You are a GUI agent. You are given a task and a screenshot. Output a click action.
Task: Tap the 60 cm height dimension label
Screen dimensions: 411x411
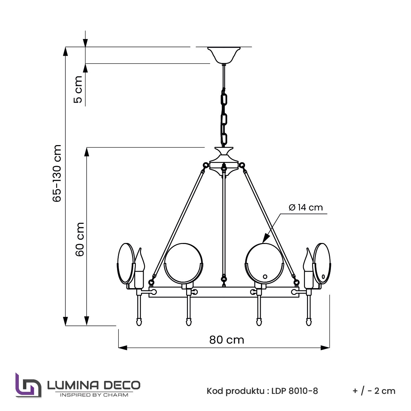[x=80, y=239]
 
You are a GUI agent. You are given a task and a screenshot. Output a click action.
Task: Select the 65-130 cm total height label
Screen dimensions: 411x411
[x=57, y=173]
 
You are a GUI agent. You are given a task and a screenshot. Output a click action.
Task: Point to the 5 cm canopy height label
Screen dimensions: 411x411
[x=78, y=89]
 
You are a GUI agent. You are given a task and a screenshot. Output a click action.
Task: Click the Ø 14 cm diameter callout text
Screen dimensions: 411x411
[x=306, y=207]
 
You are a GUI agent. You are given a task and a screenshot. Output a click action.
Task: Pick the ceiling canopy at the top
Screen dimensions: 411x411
[x=224, y=55]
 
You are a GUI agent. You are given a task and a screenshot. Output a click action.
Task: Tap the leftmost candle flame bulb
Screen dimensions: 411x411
[x=140, y=259]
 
